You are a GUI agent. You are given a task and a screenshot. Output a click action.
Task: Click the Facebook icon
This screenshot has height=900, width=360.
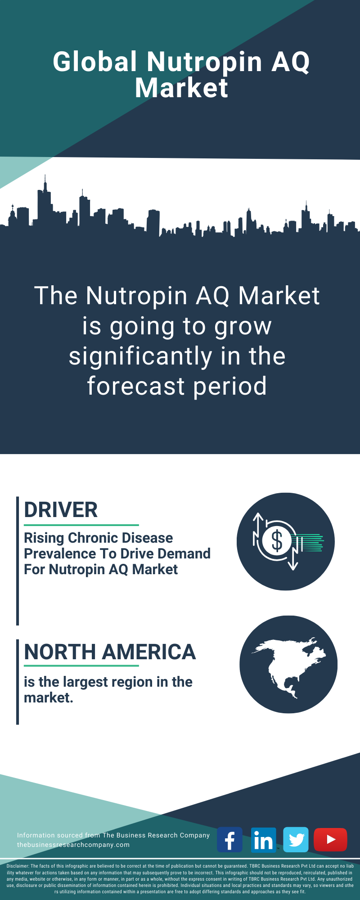click(x=229, y=840)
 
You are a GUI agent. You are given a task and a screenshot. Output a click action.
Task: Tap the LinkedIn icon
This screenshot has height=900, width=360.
click(x=263, y=840)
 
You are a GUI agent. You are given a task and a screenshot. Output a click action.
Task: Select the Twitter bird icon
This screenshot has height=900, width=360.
click(x=296, y=840)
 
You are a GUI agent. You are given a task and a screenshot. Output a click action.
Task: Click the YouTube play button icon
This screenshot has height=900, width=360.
click(x=330, y=840)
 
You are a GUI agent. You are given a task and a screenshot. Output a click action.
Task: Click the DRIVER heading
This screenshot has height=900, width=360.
click(x=61, y=510)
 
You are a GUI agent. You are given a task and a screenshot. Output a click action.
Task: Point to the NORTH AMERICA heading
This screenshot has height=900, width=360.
click(x=110, y=652)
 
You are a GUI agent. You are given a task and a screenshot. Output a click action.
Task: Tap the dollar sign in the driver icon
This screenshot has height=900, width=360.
click(x=277, y=540)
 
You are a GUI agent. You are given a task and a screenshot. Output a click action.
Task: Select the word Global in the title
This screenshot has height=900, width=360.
click(x=95, y=62)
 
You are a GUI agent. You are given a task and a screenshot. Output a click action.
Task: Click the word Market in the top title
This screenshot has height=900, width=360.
click(x=182, y=88)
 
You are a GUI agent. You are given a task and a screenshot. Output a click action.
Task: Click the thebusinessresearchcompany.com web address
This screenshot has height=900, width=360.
click(x=73, y=845)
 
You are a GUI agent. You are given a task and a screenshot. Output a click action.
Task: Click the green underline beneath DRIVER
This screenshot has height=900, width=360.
click(x=81, y=525)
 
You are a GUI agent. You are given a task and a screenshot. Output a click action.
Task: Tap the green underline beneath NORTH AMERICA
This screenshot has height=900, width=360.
click(x=81, y=666)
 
